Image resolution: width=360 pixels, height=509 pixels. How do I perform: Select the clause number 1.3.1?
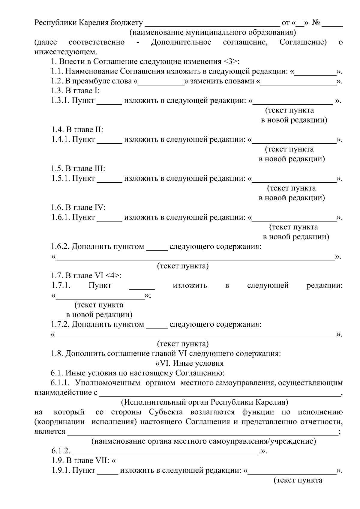point(60,101)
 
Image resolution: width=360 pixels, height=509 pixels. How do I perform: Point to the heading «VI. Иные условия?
point(189,363)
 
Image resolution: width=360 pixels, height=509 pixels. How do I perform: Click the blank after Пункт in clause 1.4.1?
point(109,140)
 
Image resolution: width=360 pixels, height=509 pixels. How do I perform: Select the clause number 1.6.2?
point(60,247)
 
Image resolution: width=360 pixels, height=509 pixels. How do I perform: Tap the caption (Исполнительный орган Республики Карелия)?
point(204,402)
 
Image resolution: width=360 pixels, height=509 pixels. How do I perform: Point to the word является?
point(50,432)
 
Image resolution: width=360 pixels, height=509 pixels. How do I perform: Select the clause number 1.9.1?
point(60,471)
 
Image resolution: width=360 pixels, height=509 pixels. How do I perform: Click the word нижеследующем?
point(66,52)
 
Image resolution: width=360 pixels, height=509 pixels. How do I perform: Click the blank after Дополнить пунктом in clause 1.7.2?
point(157,325)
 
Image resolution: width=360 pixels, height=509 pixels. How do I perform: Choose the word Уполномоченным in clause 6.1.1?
point(108,383)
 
